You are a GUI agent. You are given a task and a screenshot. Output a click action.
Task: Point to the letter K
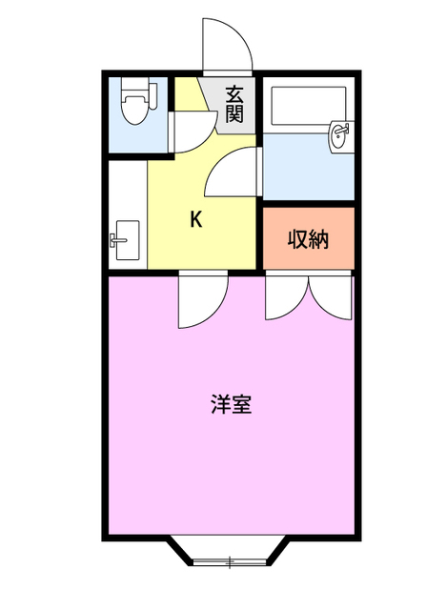pyautogui.click(x=195, y=219)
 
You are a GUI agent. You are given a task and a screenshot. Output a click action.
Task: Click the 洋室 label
pyautogui.click(x=231, y=404)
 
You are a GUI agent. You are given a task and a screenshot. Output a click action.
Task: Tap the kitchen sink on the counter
pyautogui.click(x=125, y=239)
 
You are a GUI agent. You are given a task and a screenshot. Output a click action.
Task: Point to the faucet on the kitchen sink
pyautogui.click(x=115, y=239)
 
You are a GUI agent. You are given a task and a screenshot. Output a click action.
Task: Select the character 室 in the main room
pyautogui.click(x=242, y=404)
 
